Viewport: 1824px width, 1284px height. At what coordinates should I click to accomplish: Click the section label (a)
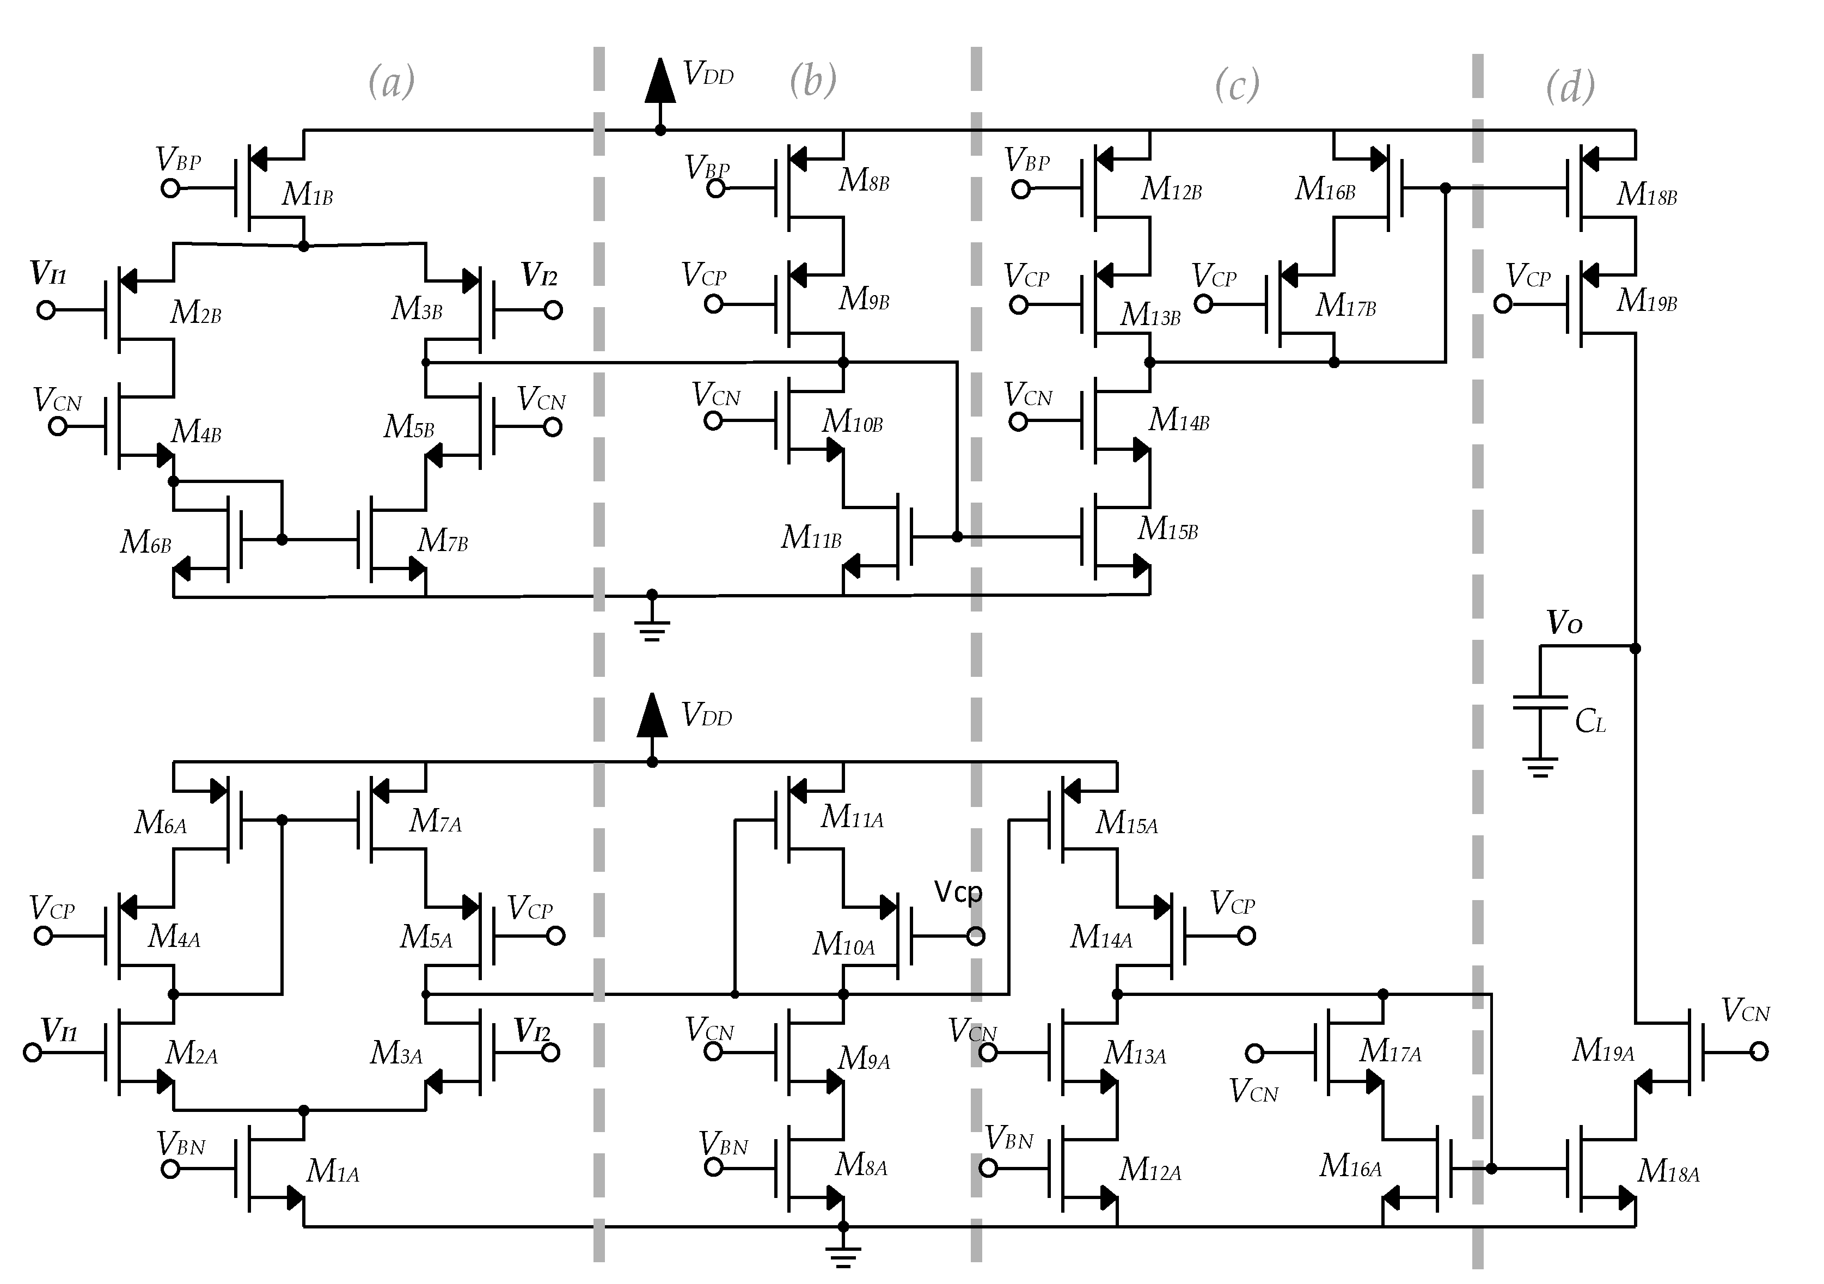(x=391, y=82)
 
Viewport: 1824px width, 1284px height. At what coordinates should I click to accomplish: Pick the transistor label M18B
(x=1646, y=194)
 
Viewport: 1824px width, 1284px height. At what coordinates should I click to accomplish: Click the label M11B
(x=810, y=538)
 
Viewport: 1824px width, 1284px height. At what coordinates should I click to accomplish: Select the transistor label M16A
(x=1350, y=1166)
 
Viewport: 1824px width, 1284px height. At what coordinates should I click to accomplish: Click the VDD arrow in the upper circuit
(x=659, y=81)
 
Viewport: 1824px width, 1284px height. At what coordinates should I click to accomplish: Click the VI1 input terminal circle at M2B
(x=46, y=310)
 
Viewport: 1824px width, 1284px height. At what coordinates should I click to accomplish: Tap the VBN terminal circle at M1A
(x=170, y=1169)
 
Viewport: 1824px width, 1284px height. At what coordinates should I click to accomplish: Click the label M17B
(x=1345, y=305)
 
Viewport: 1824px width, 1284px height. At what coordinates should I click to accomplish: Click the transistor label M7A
(x=434, y=821)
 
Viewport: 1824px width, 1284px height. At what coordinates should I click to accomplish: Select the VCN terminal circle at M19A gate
(x=1759, y=1052)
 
